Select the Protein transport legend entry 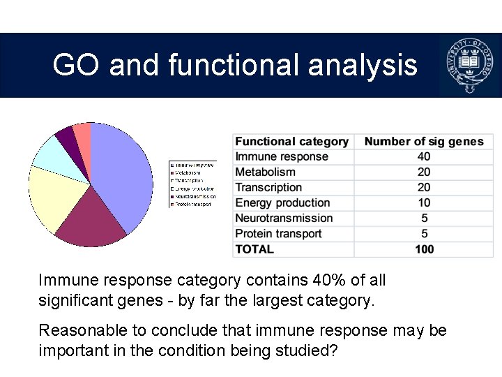pos(192,205)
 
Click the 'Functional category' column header pos(291,142)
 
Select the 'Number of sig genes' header pos(423,142)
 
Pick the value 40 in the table pos(424,157)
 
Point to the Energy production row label pos(282,203)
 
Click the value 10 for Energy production pos(424,203)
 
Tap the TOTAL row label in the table pos(254,249)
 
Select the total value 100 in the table pos(424,249)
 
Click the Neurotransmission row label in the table pos(284,219)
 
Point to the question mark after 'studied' pos(333,350)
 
